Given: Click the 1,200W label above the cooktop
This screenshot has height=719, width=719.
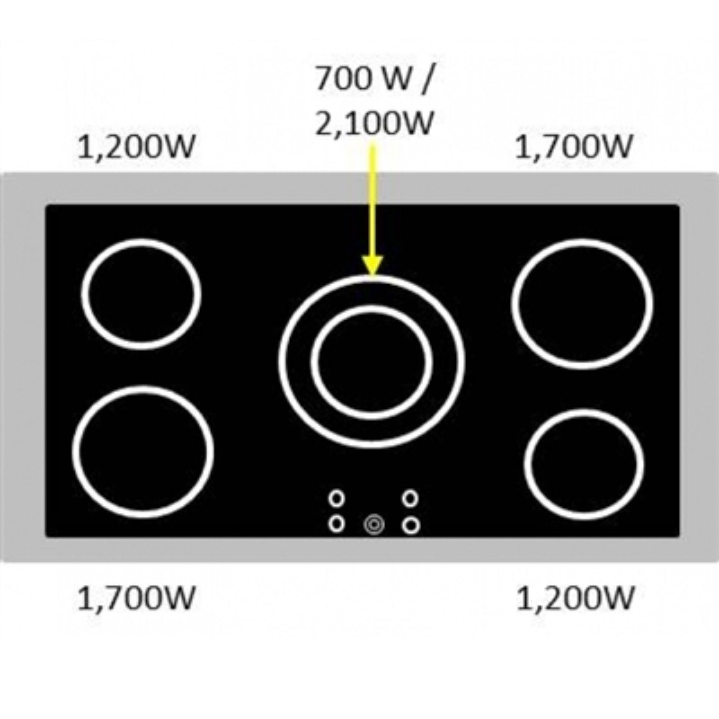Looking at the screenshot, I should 136,147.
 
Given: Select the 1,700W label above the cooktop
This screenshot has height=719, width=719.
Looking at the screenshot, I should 573,147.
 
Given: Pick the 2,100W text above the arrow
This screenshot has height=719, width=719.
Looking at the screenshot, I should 374,122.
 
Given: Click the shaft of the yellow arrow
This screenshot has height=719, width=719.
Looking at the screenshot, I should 373,202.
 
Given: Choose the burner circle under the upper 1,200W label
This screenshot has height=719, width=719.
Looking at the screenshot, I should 141,294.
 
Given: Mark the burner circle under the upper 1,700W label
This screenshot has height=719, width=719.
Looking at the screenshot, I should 582,304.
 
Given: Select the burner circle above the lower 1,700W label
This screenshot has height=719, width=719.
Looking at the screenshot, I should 143,452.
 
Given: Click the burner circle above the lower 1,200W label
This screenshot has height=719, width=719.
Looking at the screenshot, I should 584,464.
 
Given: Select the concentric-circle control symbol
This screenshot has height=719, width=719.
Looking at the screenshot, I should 374,525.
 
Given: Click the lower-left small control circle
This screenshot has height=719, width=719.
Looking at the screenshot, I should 336,524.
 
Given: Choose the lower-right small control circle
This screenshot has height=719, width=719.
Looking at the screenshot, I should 411,525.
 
